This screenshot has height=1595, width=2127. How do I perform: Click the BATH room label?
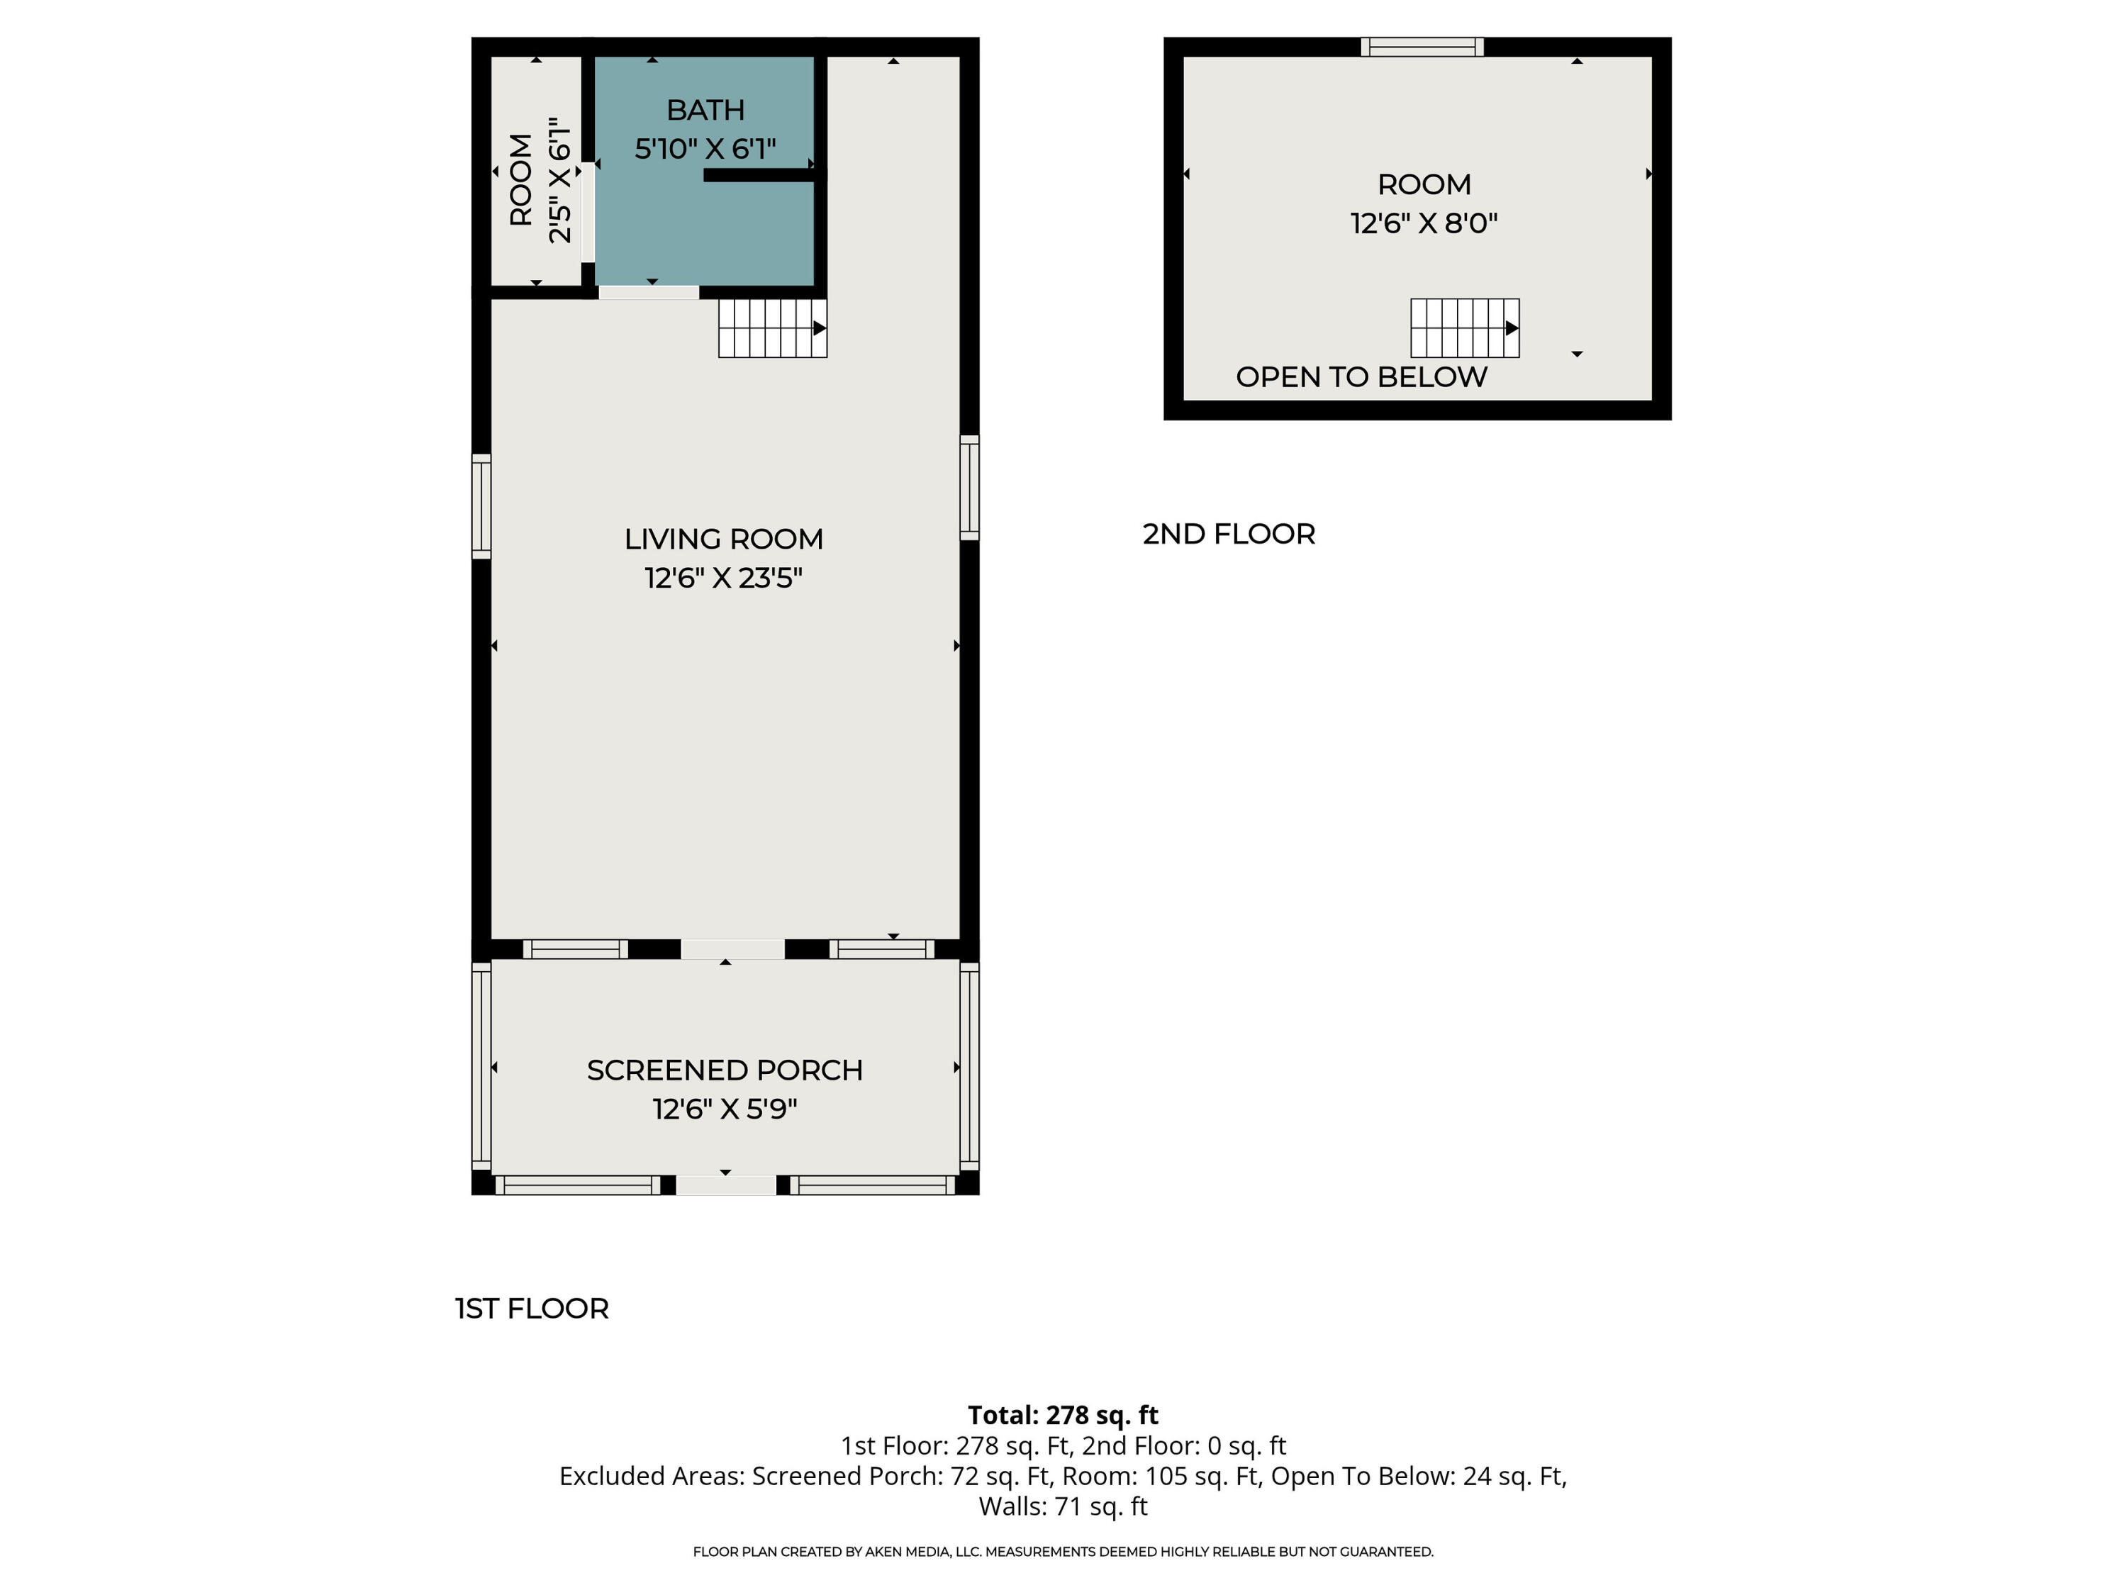[x=705, y=111]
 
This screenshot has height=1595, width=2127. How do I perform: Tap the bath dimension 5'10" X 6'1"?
[x=705, y=149]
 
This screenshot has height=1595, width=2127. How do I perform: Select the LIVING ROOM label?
[x=723, y=539]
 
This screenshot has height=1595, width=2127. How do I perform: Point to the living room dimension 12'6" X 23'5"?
[x=723, y=578]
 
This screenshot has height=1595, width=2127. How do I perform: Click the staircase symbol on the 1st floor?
[x=772, y=328]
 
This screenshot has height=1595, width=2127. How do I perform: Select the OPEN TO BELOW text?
[x=1361, y=377]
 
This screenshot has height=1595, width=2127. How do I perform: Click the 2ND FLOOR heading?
[x=1228, y=535]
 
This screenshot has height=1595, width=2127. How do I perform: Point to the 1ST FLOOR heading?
[x=532, y=1309]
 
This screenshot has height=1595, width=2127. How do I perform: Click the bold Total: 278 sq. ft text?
[x=1063, y=1415]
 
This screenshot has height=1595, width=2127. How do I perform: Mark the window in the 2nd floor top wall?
[x=1422, y=47]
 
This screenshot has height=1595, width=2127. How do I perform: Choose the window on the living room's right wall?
[x=969, y=488]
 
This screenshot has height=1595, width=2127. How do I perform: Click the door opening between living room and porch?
[x=732, y=949]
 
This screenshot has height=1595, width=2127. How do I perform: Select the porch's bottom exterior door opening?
[x=726, y=1185]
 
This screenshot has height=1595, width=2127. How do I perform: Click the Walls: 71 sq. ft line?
[x=1063, y=1506]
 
